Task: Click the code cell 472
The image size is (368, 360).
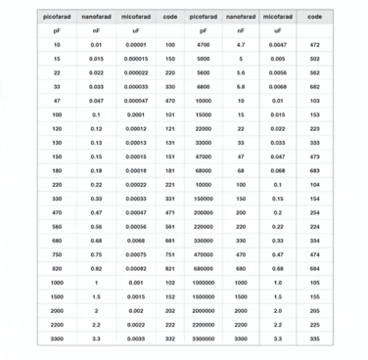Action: coord(314,45)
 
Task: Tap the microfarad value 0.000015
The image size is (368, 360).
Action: coord(136,59)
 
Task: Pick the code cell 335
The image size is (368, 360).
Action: coord(314,338)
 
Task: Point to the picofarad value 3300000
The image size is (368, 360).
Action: coord(206,338)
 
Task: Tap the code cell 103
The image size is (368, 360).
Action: coord(314,101)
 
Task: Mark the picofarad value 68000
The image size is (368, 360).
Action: coord(205,170)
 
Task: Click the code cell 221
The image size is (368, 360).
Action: coord(170,185)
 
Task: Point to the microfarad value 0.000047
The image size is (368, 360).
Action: coord(136,101)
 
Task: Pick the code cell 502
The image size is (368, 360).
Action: coord(314,59)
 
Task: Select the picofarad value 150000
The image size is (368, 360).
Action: coord(206,199)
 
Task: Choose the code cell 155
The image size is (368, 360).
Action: coord(314,296)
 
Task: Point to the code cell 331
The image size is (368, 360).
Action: coord(170,199)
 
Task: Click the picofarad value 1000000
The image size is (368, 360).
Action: coord(206,283)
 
